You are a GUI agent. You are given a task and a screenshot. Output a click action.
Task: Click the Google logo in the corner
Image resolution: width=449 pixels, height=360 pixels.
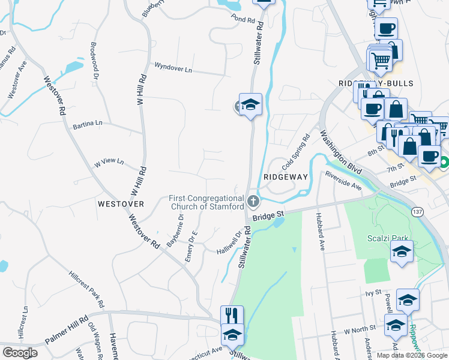(20, 353)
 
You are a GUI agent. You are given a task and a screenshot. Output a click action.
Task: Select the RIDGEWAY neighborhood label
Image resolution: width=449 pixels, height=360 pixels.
(286, 177)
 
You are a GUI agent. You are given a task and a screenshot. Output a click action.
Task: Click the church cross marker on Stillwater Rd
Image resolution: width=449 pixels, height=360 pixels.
(253, 200)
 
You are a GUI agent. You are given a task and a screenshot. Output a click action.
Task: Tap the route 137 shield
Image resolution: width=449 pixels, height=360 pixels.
(418, 212)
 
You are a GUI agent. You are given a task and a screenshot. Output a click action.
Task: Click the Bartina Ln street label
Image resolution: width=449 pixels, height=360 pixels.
(88, 124)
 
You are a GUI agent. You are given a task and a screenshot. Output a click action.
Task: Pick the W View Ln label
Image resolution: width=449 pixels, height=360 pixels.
(108, 162)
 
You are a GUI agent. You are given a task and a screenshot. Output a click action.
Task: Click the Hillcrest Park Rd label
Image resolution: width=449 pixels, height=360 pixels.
(87, 290)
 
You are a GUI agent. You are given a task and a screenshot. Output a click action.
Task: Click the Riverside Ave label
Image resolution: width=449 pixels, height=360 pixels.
(343, 181)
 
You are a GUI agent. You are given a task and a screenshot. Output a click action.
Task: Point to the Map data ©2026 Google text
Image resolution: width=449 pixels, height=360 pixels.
(411, 355)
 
